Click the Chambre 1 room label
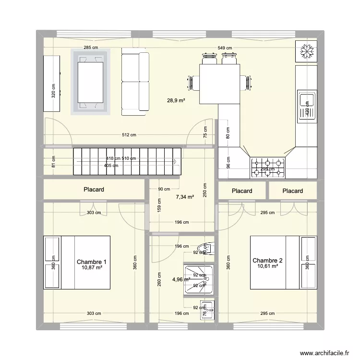click(x=91, y=262)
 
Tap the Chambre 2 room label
click(x=267, y=261)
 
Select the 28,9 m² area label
click(x=176, y=100)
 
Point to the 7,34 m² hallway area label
click(x=185, y=197)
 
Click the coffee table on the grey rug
click(x=91, y=82)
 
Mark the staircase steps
click(x=127, y=162)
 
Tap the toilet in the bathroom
click(x=208, y=248)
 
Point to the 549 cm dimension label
click(x=224, y=48)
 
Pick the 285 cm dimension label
click(x=91, y=48)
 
